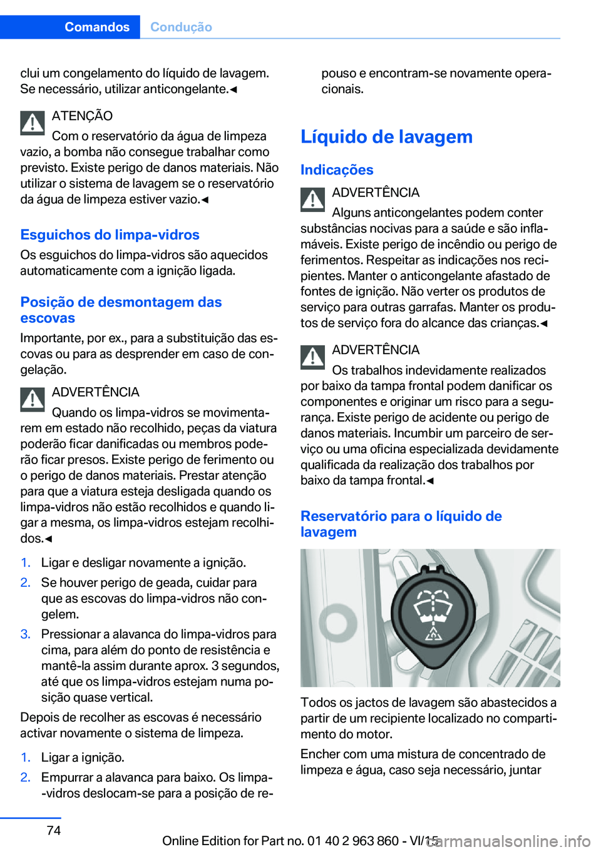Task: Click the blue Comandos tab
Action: (96, 27)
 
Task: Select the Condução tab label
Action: (181, 27)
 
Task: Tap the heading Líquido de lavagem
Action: (386, 136)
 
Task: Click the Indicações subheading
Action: (337, 170)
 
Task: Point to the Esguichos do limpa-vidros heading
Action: (110, 235)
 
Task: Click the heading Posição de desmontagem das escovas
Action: (121, 310)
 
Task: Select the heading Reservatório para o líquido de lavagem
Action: (401, 524)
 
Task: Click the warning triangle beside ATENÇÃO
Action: (32, 123)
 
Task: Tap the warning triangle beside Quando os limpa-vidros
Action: (32, 399)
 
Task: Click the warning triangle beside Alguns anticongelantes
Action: (312, 200)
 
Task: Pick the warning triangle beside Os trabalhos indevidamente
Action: (312, 357)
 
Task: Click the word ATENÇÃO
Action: (82, 116)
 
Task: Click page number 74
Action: (54, 830)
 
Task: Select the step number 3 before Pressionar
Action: (25, 634)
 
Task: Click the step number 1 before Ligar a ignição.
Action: (25, 757)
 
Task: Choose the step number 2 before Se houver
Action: (25, 582)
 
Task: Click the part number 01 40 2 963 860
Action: (352, 841)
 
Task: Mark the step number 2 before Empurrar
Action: (25, 777)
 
